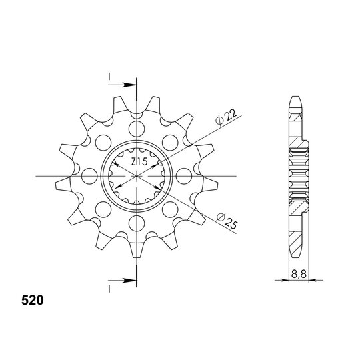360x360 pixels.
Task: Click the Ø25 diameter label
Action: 227,221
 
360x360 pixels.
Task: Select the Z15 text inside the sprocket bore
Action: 139,161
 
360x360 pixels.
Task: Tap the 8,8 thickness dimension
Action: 299,274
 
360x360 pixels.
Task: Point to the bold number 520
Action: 33,300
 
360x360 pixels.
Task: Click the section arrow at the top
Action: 122,85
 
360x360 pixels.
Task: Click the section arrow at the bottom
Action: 122,281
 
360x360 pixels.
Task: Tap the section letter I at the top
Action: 109,77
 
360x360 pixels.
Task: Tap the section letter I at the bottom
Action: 109,289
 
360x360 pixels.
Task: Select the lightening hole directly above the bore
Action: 137,129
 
